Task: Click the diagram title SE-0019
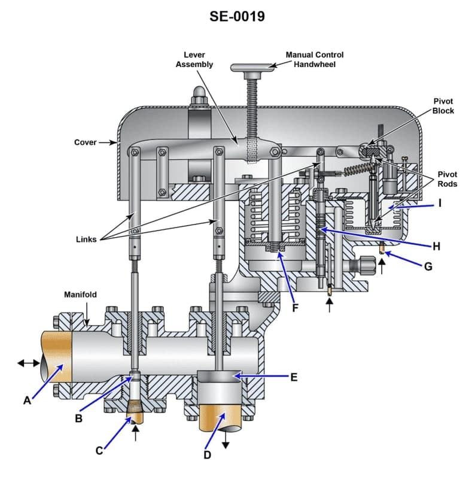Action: pyautogui.click(x=237, y=16)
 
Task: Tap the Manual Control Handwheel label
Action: pyautogui.click(x=314, y=59)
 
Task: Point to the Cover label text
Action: pyautogui.click(x=85, y=143)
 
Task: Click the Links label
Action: pyautogui.click(x=86, y=239)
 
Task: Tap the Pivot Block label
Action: pyautogui.click(x=443, y=106)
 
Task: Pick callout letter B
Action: pyautogui.click(x=78, y=419)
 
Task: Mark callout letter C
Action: pyautogui.click(x=99, y=451)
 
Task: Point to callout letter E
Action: pyautogui.click(x=294, y=377)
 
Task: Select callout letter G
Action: pyautogui.click(x=428, y=266)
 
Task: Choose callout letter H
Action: pyautogui.click(x=436, y=246)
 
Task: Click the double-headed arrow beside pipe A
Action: pyautogui.click(x=29, y=362)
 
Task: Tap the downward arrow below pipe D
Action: pyautogui.click(x=226, y=442)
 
